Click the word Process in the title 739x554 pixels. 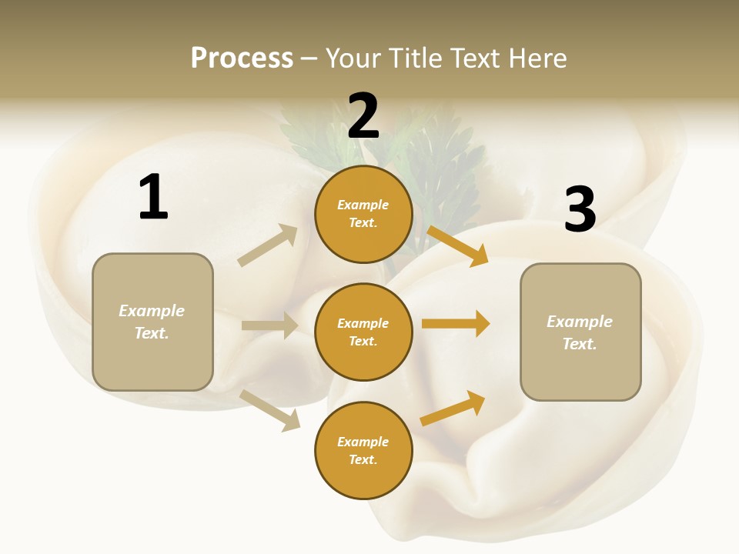(242, 58)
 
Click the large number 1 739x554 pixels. (153, 198)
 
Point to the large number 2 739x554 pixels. (363, 117)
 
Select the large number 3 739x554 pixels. (580, 210)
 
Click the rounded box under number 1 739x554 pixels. (152, 322)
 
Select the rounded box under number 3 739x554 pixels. (580, 332)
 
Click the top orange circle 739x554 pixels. (363, 214)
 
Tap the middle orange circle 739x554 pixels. (363, 332)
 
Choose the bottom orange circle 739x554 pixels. (363, 451)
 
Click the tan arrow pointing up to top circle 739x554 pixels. (267, 245)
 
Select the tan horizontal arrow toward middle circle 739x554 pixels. (269, 325)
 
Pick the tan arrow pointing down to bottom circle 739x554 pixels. (270, 410)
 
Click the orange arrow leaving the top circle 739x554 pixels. (457, 245)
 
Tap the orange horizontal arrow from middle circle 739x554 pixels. (455, 324)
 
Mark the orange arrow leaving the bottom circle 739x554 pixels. (453, 409)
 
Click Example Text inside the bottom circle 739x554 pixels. (363, 451)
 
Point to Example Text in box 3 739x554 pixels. (580, 332)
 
